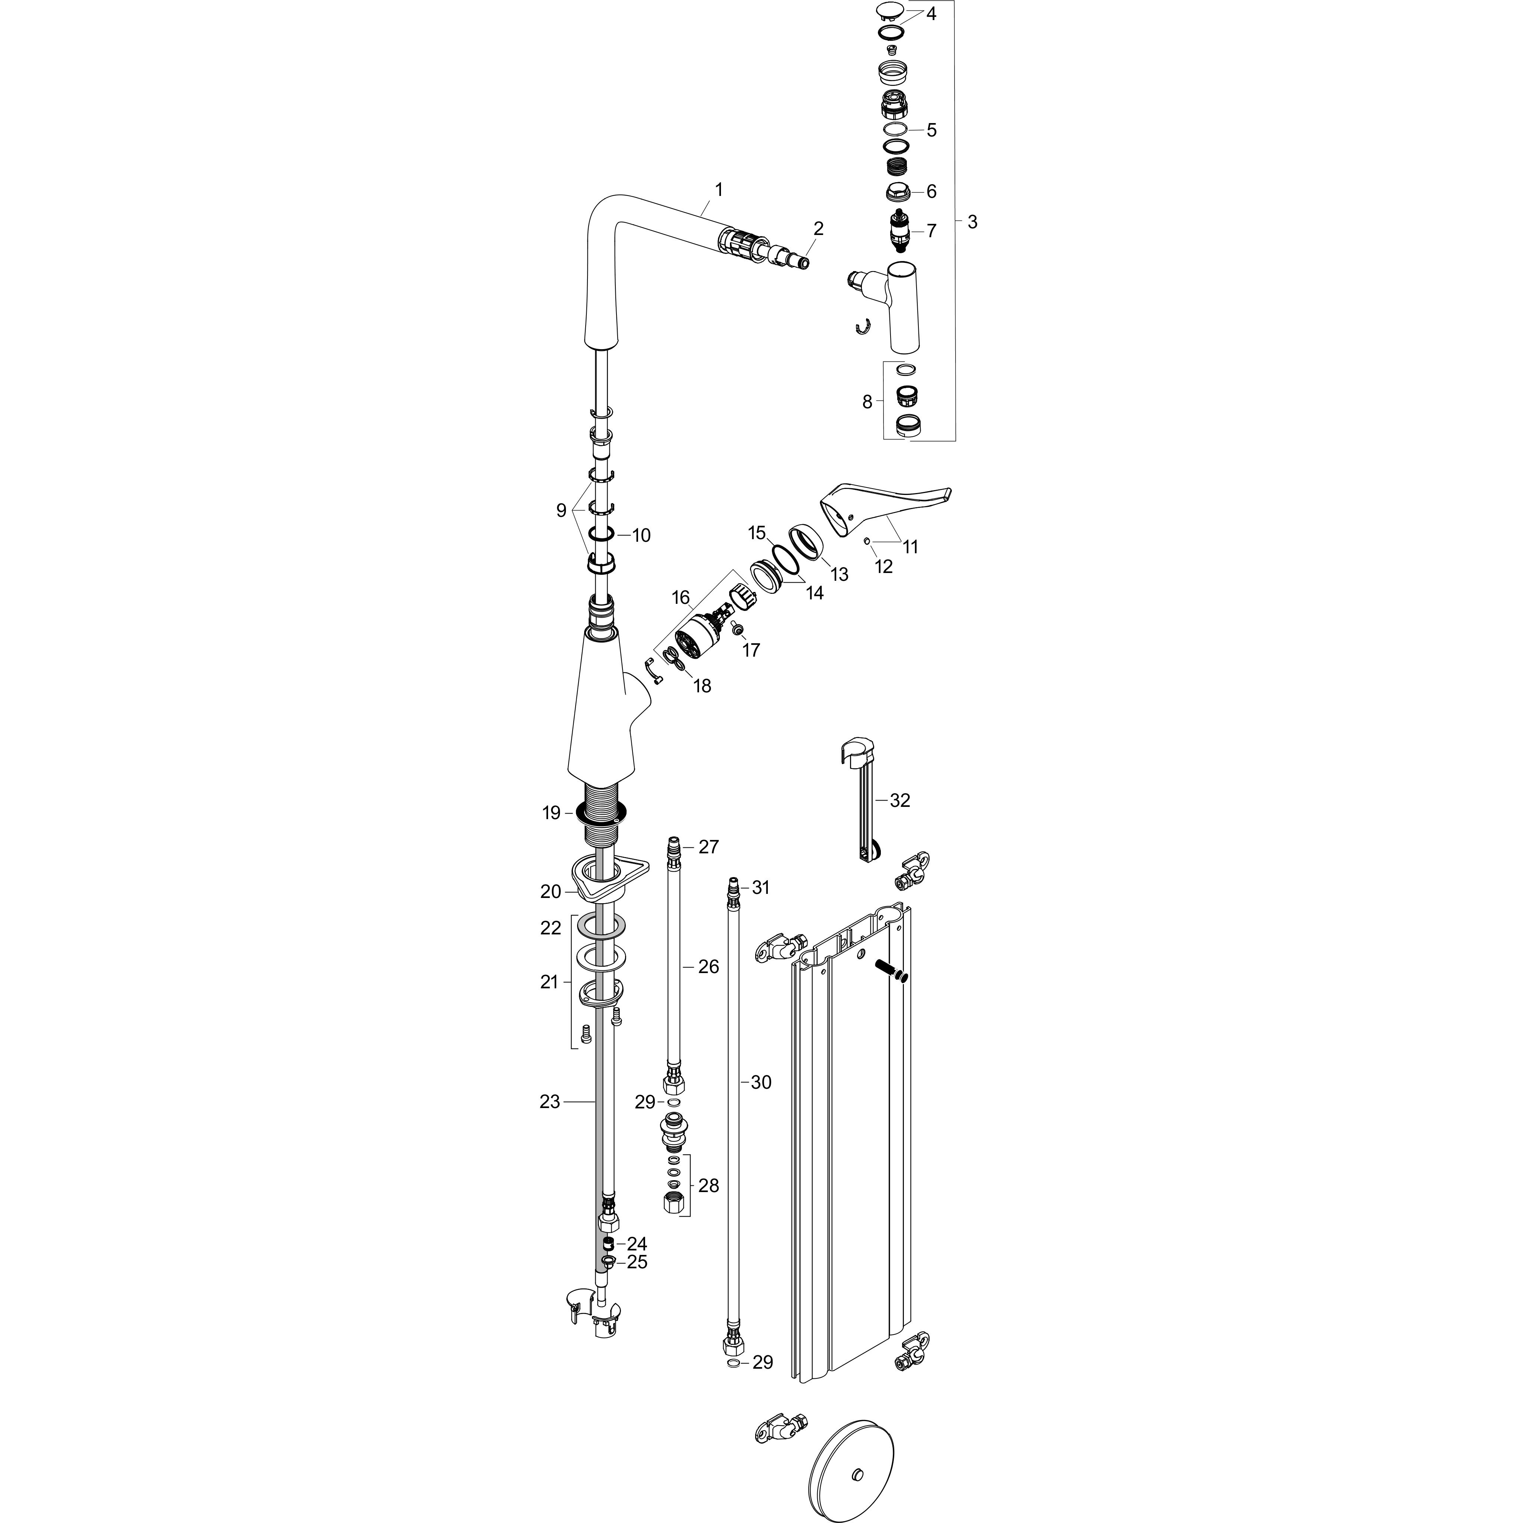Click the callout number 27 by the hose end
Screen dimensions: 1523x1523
coord(709,847)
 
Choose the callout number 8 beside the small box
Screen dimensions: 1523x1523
coord(867,402)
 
